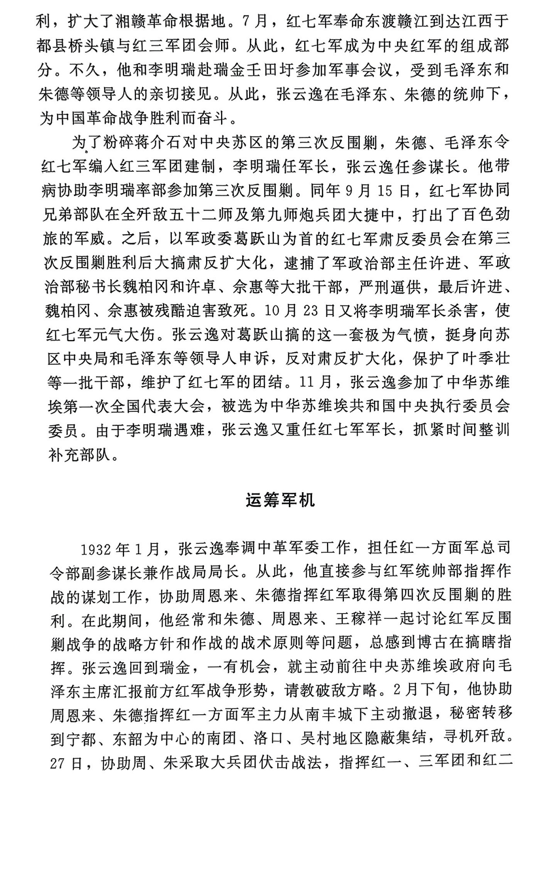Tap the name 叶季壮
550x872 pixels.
[x=484, y=359]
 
